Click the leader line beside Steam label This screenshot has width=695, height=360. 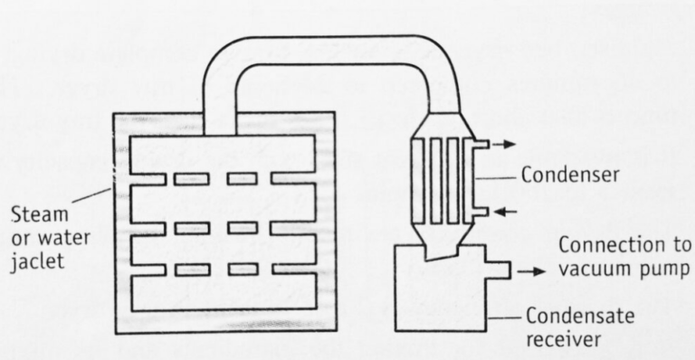pos(92,197)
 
